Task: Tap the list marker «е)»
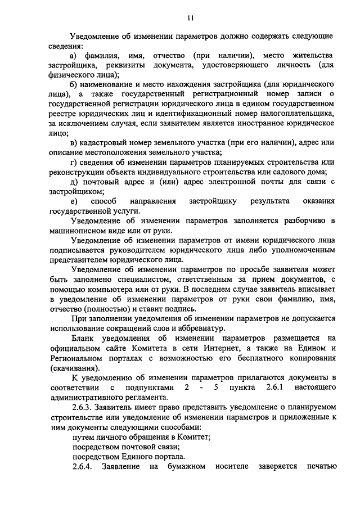pos(74,201)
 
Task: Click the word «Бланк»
pos(84,337)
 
